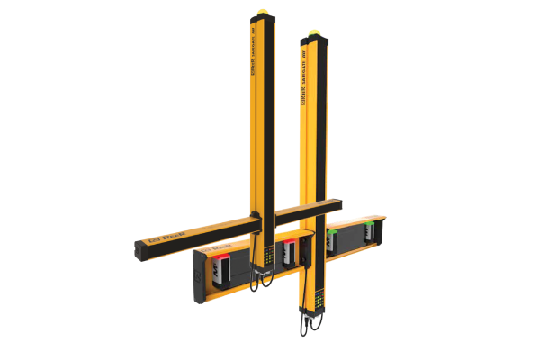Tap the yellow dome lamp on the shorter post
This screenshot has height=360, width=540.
tap(311, 35)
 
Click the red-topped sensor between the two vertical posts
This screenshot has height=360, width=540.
tap(289, 253)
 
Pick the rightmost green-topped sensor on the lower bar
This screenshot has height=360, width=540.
tap(369, 233)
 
